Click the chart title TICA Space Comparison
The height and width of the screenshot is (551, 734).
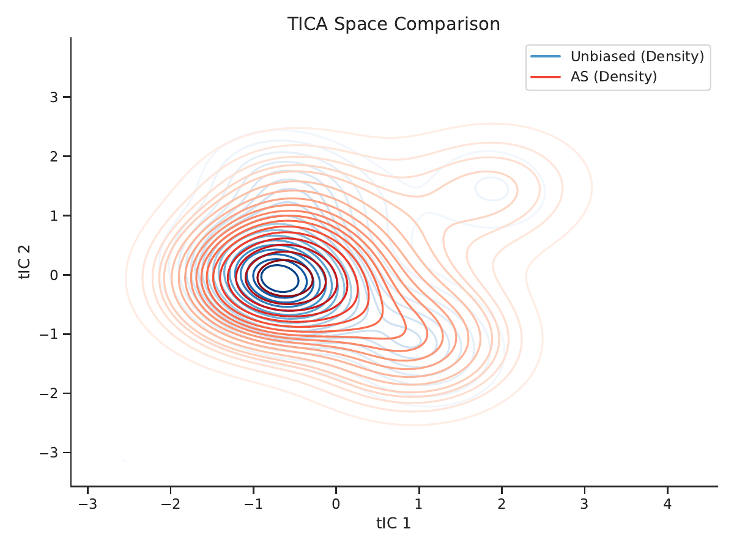[393, 24]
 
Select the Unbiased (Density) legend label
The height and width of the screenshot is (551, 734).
[637, 56]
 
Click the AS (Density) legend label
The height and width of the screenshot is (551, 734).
[614, 76]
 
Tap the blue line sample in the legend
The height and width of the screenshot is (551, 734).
[546, 56]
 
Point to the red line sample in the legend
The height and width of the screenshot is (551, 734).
[546, 77]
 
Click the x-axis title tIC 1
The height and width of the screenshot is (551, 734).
[393, 523]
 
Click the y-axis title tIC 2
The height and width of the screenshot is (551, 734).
[24, 262]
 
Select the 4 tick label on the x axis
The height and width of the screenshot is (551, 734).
[667, 504]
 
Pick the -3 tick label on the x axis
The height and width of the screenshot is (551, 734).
[87, 504]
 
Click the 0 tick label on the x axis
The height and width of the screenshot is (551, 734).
[336, 504]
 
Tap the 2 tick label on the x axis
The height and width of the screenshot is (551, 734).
[502, 504]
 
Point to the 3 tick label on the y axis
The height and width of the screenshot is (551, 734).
[54, 97]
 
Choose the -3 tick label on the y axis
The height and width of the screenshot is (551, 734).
[49, 453]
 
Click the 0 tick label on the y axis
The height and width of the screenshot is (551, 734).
[54, 275]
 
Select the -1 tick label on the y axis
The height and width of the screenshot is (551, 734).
[49, 335]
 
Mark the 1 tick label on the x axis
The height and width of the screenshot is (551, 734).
[418, 504]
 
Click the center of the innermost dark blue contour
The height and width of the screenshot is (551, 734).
[280, 278]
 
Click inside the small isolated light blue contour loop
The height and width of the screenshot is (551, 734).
[492, 189]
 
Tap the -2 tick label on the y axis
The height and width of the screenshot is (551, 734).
[49, 393]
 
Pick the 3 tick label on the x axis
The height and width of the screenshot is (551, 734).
[584, 504]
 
